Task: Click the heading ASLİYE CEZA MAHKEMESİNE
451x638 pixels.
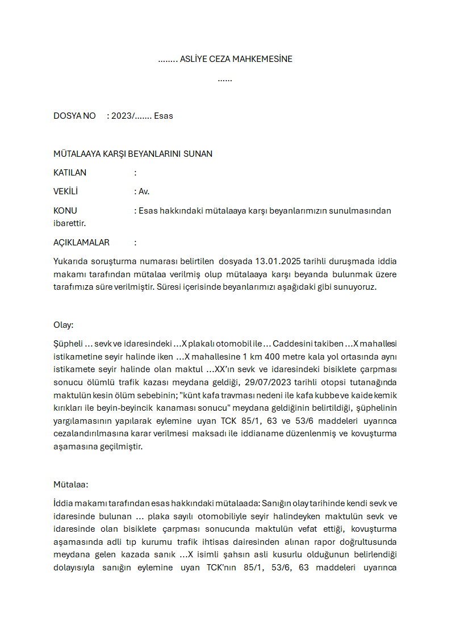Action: coord(236,59)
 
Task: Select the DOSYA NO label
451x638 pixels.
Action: coord(74,116)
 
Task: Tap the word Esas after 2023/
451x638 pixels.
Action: coord(164,116)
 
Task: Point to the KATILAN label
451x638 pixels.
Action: coord(70,173)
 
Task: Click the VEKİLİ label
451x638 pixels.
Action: coord(65,191)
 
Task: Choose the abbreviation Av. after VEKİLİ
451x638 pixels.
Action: coord(144,191)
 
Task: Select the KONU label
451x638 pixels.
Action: coord(65,211)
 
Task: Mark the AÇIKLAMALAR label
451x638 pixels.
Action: coord(81,243)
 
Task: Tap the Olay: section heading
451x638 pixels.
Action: coord(64,325)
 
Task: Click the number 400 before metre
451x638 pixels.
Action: coord(267,356)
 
